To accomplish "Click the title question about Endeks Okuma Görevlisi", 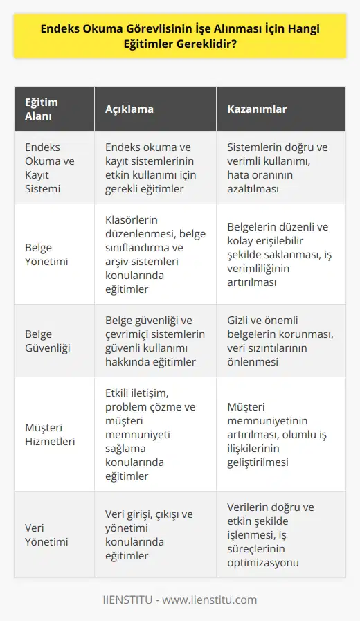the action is (179, 37).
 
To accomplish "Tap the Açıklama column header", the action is (130, 110).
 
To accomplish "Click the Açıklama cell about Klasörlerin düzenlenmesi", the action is (156, 254).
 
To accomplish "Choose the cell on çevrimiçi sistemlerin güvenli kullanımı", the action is (155, 341).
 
